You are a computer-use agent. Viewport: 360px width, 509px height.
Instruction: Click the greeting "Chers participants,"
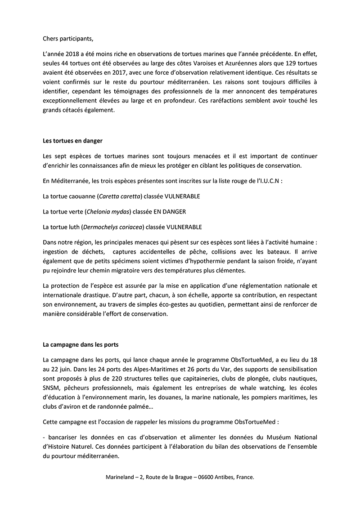coord(68,38)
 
